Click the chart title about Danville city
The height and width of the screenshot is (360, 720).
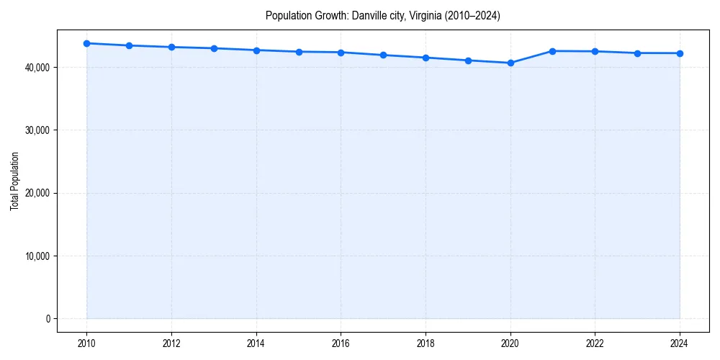(382, 15)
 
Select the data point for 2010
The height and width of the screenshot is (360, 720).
(86, 43)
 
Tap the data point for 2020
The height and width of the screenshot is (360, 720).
(510, 63)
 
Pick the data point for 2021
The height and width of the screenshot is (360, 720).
(553, 51)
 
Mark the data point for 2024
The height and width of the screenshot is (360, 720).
(680, 53)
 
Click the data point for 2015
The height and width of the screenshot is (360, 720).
(299, 52)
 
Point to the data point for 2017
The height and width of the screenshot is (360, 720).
(383, 55)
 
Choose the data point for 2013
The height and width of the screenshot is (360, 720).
(214, 48)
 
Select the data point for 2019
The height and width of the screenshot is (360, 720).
(468, 60)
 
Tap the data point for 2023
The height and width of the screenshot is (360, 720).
(637, 53)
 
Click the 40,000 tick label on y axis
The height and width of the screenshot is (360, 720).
(35, 68)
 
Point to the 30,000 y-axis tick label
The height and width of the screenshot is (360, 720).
(35, 130)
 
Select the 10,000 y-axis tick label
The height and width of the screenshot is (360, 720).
(35, 256)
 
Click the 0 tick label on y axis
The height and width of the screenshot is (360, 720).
(48, 319)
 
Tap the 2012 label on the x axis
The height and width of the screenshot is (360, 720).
(171, 343)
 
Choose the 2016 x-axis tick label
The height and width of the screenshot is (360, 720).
(341, 343)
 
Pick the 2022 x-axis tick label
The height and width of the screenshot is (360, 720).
(595, 343)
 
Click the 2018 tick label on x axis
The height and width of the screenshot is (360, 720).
(426, 343)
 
